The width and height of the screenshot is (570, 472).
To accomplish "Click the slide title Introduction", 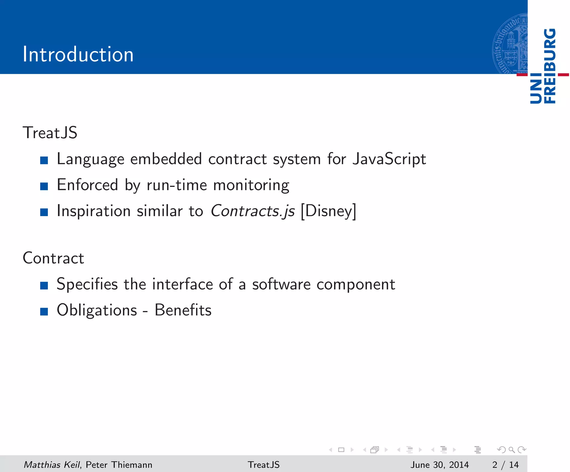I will coord(78,54).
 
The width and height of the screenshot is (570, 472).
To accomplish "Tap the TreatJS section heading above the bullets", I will coord(50,133).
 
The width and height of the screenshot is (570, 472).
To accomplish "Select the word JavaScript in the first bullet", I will coord(389,159).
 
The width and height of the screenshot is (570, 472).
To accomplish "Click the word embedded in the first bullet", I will coord(166,159).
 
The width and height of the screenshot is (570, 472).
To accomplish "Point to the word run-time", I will coord(177,185).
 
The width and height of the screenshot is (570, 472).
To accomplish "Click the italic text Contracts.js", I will coord(252,211).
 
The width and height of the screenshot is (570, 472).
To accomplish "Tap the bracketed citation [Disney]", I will coord(328,211).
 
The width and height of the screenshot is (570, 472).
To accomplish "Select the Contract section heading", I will coord(53,258).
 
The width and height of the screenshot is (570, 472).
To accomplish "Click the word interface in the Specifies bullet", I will coord(183,284).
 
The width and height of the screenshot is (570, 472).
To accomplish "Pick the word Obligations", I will coord(97,310).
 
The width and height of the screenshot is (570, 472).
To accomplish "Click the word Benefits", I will coord(183,310).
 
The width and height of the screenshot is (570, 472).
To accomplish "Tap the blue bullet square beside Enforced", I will coord(44,186).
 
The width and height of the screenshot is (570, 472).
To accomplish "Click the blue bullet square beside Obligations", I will coord(44,311).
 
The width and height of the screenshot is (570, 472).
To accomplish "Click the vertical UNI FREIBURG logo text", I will coord(543,66).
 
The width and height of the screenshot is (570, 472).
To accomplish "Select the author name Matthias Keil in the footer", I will coord(52,464).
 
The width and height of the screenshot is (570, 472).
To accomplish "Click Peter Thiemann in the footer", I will coord(119,464).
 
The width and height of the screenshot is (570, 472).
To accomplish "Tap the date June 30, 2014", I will coord(439,464).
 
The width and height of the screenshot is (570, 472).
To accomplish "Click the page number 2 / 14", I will coord(505,464).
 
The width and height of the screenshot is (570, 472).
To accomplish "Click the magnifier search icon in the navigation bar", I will coord(512,450).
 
